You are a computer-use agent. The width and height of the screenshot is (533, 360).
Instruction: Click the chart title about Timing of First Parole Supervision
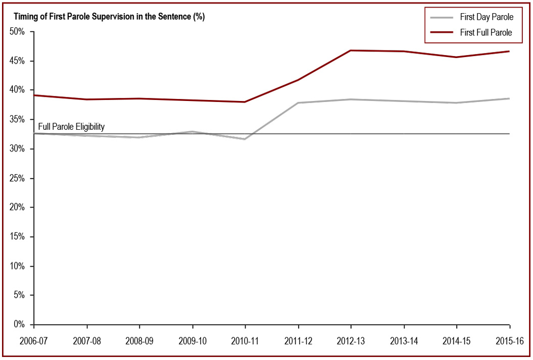coord(109,17)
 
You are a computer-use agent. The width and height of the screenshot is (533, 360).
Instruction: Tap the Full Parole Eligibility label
coord(71,127)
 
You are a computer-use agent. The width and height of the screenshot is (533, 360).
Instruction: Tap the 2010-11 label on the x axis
coord(246,341)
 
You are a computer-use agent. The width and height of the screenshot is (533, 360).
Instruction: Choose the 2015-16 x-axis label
coord(510,341)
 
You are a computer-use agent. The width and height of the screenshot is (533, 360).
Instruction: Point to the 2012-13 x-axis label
coord(351,341)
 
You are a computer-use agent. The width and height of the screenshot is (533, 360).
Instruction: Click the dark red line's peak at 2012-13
coord(351,50)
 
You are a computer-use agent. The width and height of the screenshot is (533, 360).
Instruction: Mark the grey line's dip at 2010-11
coord(246,139)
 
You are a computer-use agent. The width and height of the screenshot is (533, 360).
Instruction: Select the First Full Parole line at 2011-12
coord(298,80)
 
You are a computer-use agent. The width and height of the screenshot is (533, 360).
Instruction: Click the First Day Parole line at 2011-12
coord(298,103)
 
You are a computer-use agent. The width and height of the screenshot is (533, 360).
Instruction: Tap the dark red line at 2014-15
coord(457,57)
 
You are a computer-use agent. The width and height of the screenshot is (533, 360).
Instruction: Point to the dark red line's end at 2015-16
coord(509,52)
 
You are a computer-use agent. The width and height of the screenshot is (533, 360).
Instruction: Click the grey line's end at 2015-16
coord(509,98)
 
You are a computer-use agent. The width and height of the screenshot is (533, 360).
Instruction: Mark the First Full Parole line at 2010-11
coord(246,102)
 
